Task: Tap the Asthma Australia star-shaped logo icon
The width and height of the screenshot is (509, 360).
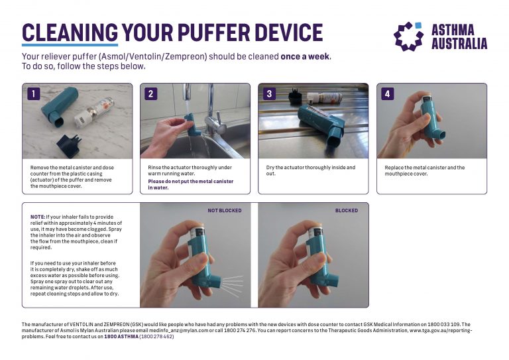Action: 408,36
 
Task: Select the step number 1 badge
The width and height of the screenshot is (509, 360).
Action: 32,94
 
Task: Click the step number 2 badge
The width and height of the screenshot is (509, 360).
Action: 150,94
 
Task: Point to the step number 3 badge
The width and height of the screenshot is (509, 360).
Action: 269,94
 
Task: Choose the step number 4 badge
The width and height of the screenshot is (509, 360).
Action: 387,94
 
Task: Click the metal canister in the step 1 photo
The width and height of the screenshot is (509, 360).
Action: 98,107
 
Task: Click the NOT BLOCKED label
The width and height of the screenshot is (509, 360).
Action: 225,211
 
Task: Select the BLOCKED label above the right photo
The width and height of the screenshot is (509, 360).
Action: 346,211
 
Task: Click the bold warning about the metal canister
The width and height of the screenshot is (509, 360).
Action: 190,184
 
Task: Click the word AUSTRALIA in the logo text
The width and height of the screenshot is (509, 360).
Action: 459,44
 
